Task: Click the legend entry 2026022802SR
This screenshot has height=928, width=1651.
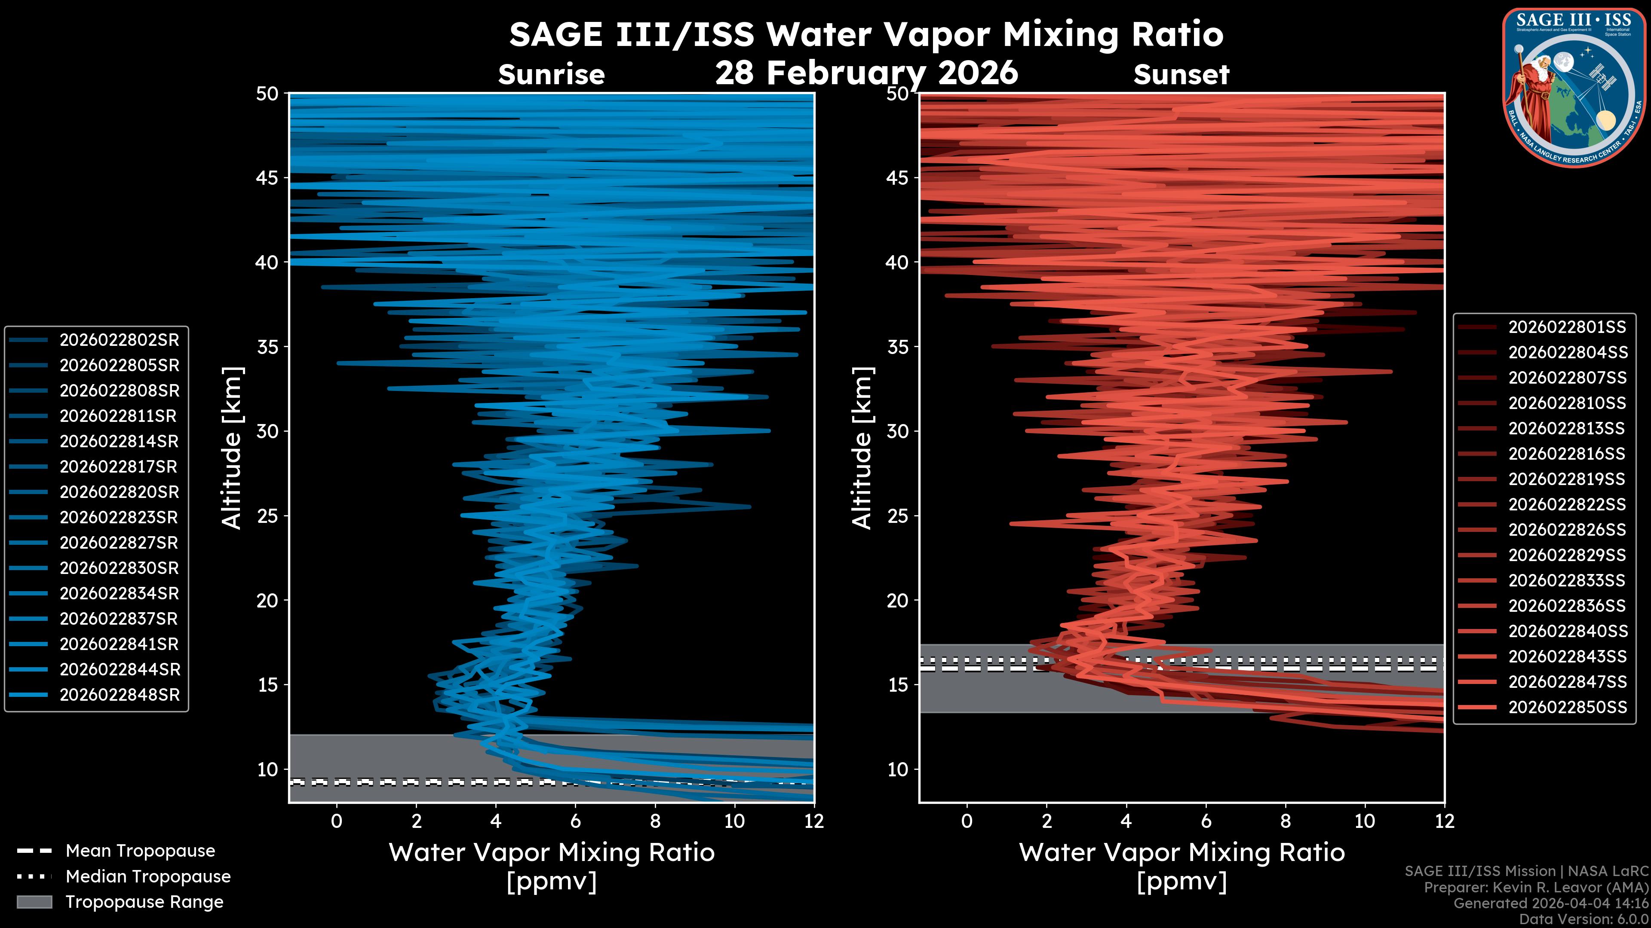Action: [x=119, y=340]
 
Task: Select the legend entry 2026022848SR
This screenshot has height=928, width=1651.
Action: [x=119, y=695]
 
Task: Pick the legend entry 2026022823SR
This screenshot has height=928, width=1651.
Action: [x=119, y=517]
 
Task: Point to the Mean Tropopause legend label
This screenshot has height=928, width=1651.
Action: [x=140, y=851]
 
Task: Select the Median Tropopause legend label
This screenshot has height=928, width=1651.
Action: [x=147, y=877]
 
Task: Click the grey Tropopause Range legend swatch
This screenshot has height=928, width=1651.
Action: [x=34, y=902]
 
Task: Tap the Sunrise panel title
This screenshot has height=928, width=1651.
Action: [x=551, y=75]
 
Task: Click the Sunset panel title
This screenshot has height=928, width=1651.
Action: [x=1181, y=75]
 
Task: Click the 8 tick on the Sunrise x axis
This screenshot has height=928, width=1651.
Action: [x=655, y=821]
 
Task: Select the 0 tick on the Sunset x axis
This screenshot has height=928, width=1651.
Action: [x=967, y=821]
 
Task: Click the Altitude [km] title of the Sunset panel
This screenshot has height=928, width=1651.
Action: [x=862, y=448]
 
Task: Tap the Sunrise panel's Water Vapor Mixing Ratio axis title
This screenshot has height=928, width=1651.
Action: [x=551, y=852]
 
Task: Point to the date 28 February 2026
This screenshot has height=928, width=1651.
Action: [x=866, y=72]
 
